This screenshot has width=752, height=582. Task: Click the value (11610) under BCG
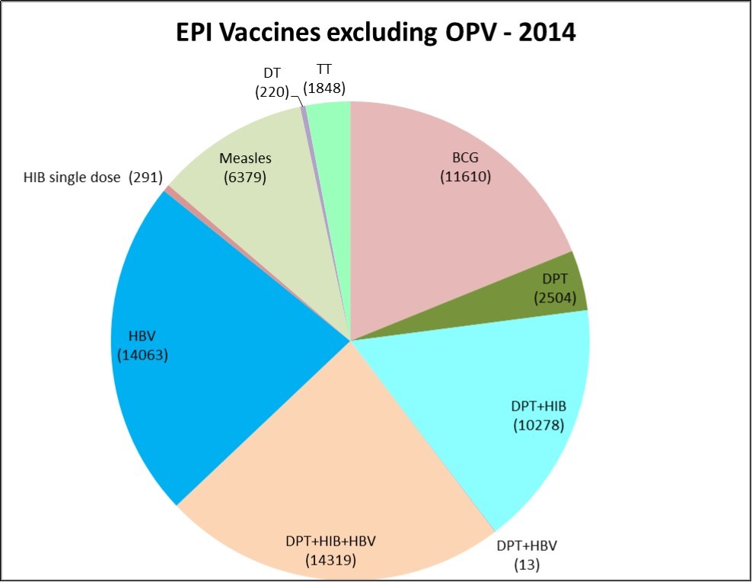pyautogui.click(x=466, y=177)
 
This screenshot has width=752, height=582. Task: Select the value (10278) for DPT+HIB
pyautogui.click(x=538, y=424)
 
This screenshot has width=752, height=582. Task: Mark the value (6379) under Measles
pyautogui.click(x=245, y=177)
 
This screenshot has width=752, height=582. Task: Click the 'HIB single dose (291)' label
pyautogui.click(x=94, y=178)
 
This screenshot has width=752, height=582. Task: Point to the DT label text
pyautogui.click(x=271, y=75)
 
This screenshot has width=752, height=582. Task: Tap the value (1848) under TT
pyautogui.click(x=324, y=88)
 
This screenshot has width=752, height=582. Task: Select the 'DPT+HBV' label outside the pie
pyautogui.click(x=527, y=546)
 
